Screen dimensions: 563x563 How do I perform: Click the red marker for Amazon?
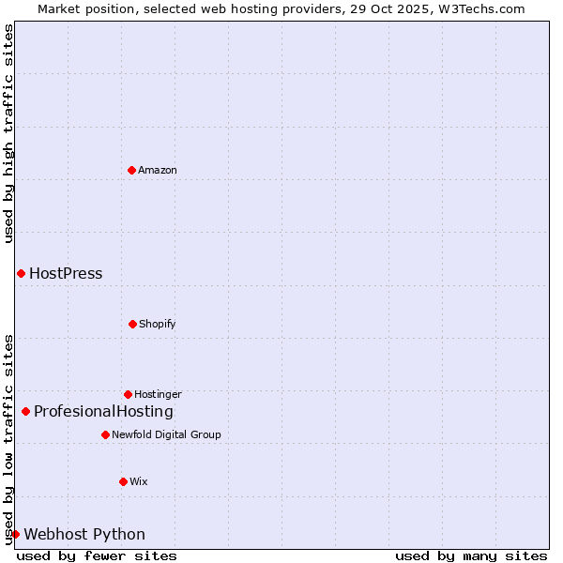pyautogui.click(x=131, y=170)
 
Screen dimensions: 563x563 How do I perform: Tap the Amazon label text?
pyautogui.click(x=158, y=170)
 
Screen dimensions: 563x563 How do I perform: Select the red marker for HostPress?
pyautogui.click(x=21, y=273)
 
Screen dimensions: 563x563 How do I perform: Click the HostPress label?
pyautogui.click(x=66, y=274)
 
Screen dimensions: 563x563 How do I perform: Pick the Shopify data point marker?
pyautogui.click(x=132, y=324)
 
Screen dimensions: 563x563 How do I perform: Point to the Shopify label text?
pyautogui.click(x=158, y=324)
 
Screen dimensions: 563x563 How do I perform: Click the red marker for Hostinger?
pyautogui.click(x=128, y=394)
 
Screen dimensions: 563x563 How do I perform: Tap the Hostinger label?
pyautogui.click(x=158, y=394)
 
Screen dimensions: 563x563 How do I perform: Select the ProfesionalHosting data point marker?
pyautogui.click(x=25, y=411)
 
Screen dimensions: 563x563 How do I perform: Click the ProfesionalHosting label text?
pyautogui.click(x=103, y=411)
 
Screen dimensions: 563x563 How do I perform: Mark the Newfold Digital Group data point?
pyautogui.click(x=105, y=434)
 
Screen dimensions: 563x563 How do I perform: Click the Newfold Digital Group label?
pyautogui.click(x=166, y=434)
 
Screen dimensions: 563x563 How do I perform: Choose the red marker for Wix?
pyautogui.click(x=123, y=481)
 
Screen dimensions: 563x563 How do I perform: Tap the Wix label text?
pyautogui.click(x=139, y=481)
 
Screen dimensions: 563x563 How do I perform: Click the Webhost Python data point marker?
pyautogui.click(x=15, y=534)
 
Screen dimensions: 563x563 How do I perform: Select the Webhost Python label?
pyautogui.click(x=84, y=534)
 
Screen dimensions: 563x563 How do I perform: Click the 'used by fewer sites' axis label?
pyautogui.click(x=97, y=555)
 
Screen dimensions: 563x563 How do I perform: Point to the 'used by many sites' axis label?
pyautogui.click(x=471, y=555)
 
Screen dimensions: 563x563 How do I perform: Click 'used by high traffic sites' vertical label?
pyautogui.click(x=8, y=133)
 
